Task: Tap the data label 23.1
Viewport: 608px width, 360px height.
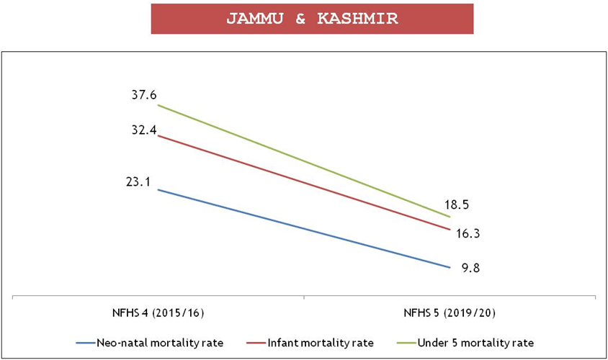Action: tap(137, 182)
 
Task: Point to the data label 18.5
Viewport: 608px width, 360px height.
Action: tap(457, 204)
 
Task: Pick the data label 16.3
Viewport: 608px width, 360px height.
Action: tap(468, 233)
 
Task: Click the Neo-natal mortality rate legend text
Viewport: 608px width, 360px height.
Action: tap(160, 342)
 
